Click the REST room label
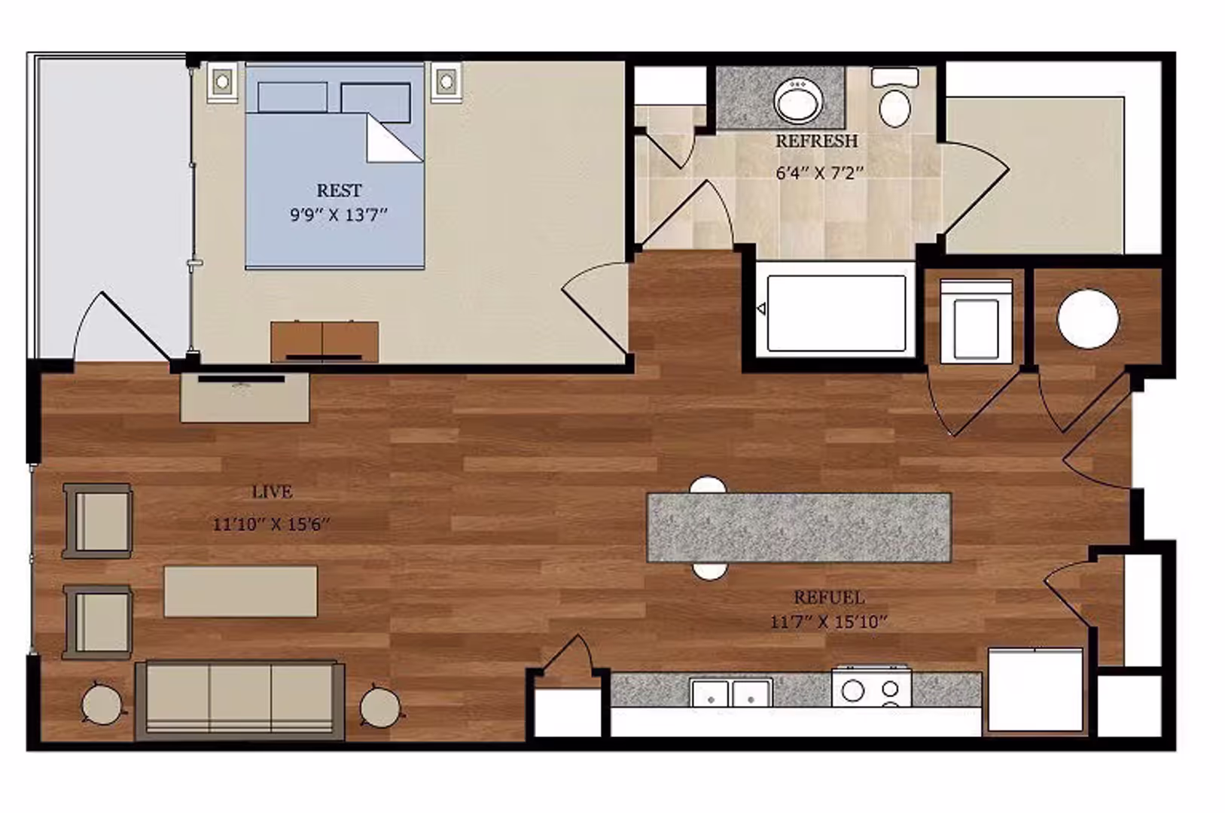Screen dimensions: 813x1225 tap(339, 190)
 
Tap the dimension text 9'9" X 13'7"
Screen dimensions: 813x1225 tap(339, 215)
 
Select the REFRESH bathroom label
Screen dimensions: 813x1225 tap(816, 142)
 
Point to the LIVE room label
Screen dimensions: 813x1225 tap(272, 492)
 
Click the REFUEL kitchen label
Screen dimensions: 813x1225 tap(829, 598)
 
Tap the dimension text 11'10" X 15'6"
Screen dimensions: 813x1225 tap(272, 524)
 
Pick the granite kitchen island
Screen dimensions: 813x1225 tap(799, 527)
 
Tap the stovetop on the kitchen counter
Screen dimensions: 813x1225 tap(871, 689)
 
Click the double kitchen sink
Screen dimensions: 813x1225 tap(731, 693)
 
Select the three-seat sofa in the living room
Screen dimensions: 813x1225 tap(240, 700)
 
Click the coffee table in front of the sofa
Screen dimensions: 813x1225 tap(240, 592)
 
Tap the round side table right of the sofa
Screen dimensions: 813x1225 tap(379, 706)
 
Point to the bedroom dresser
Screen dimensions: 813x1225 tap(325, 342)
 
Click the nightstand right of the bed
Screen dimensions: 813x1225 tap(446, 81)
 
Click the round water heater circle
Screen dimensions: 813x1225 tap(1087, 319)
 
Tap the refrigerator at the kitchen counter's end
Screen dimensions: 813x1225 tap(1035, 690)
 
